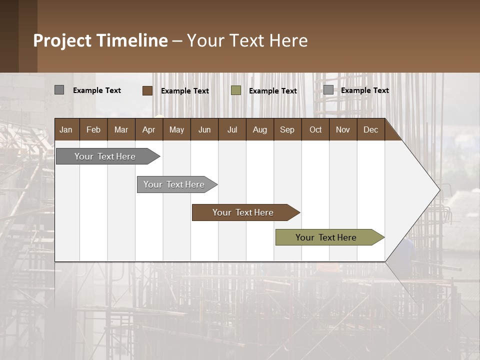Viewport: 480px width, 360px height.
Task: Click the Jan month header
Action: [x=66, y=129]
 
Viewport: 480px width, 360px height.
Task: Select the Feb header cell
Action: [x=93, y=129]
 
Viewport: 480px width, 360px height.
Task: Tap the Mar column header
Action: [x=121, y=129]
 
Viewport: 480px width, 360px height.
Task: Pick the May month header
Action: [x=176, y=129]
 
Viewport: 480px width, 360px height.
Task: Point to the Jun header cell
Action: [x=204, y=129]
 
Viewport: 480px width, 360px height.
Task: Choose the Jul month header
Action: [x=232, y=129]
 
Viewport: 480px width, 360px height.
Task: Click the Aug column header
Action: [x=259, y=129]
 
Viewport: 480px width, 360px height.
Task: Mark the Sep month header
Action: [x=287, y=129]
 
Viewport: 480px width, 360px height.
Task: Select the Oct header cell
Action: [x=315, y=129]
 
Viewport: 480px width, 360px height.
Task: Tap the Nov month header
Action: [x=343, y=129]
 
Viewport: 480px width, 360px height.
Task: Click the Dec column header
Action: [x=370, y=129]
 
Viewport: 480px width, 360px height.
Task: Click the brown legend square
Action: [x=147, y=90]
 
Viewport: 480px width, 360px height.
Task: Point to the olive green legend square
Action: [x=236, y=90]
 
